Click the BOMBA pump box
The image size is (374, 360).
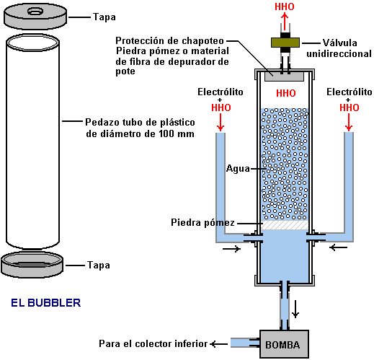click(284, 344)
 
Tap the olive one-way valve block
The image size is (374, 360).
click(285, 43)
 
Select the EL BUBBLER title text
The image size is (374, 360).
click(46, 303)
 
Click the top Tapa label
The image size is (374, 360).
click(104, 17)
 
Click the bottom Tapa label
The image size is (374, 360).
click(99, 265)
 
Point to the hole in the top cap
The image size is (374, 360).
click(35, 11)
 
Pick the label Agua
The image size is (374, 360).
click(238, 169)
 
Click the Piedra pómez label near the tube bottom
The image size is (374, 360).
click(202, 223)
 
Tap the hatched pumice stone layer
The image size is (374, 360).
click(285, 225)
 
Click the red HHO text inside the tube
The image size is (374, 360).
click(286, 93)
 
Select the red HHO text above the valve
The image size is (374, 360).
click(285, 6)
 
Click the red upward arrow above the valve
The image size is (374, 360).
click(285, 22)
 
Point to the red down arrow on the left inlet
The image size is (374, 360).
click(221, 122)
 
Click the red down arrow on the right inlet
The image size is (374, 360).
click(349, 122)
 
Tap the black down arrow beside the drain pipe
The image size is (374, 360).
click(295, 309)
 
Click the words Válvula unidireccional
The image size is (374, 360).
click(339, 48)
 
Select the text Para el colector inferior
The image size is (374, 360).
click(153, 343)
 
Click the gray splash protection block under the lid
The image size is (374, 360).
click(284, 76)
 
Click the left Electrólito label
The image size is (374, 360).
click(221, 92)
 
